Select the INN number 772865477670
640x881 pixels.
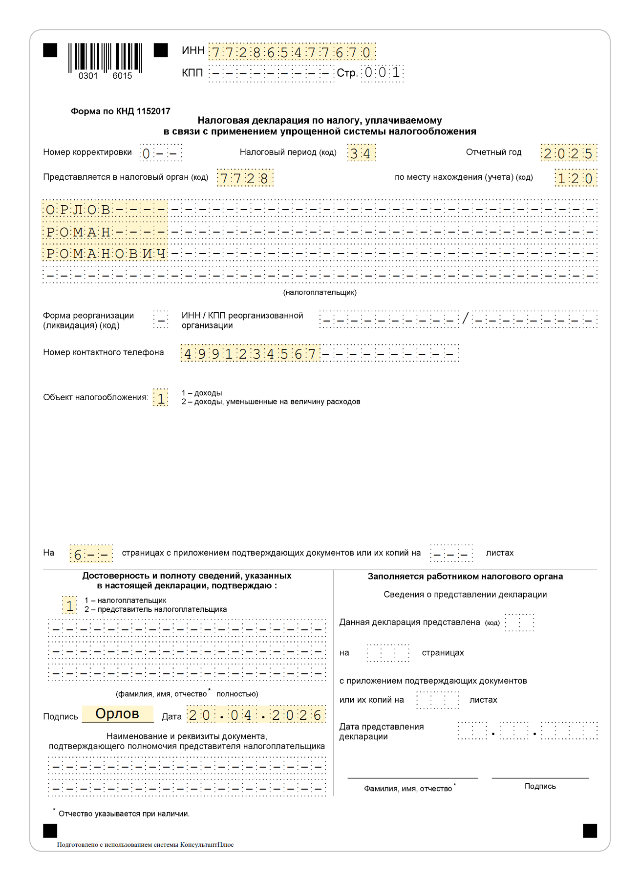pos(292,52)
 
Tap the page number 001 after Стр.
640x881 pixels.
pos(382,73)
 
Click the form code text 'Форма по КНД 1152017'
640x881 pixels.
pos(121,111)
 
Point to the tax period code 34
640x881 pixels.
pos(361,153)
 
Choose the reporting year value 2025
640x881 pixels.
pos(568,153)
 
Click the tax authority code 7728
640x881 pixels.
pos(244,178)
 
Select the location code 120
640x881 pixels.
pos(576,178)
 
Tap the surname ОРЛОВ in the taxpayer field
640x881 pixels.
pos(78,210)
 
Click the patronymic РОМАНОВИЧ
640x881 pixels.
pos(106,254)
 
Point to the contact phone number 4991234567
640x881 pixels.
pos(250,353)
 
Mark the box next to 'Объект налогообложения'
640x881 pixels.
pos(161,398)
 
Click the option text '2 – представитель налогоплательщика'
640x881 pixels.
pos(155,609)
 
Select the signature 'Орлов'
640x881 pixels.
pos(117,714)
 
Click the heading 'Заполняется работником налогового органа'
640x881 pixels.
pos(465,577)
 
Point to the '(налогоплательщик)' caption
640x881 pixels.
pos(320,293)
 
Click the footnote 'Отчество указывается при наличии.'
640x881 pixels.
pos(124,814)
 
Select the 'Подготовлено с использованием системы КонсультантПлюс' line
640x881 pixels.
pos(145,844)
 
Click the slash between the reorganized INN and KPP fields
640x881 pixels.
pos(465,319)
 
